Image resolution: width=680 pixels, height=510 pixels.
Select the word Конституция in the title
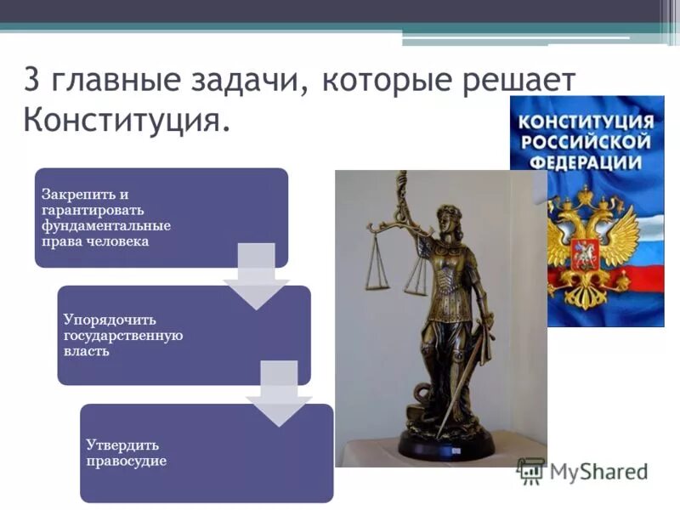tap(125, 120)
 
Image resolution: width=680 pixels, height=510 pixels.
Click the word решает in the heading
tap(521, 82)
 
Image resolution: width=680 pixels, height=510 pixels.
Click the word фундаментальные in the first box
tap(105, 225)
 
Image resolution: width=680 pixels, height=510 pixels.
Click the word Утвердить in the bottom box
tap(122, 445)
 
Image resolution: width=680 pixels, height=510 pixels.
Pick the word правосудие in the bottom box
tap(126, 461)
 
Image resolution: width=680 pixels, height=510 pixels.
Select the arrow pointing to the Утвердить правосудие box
tap(278, 394)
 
